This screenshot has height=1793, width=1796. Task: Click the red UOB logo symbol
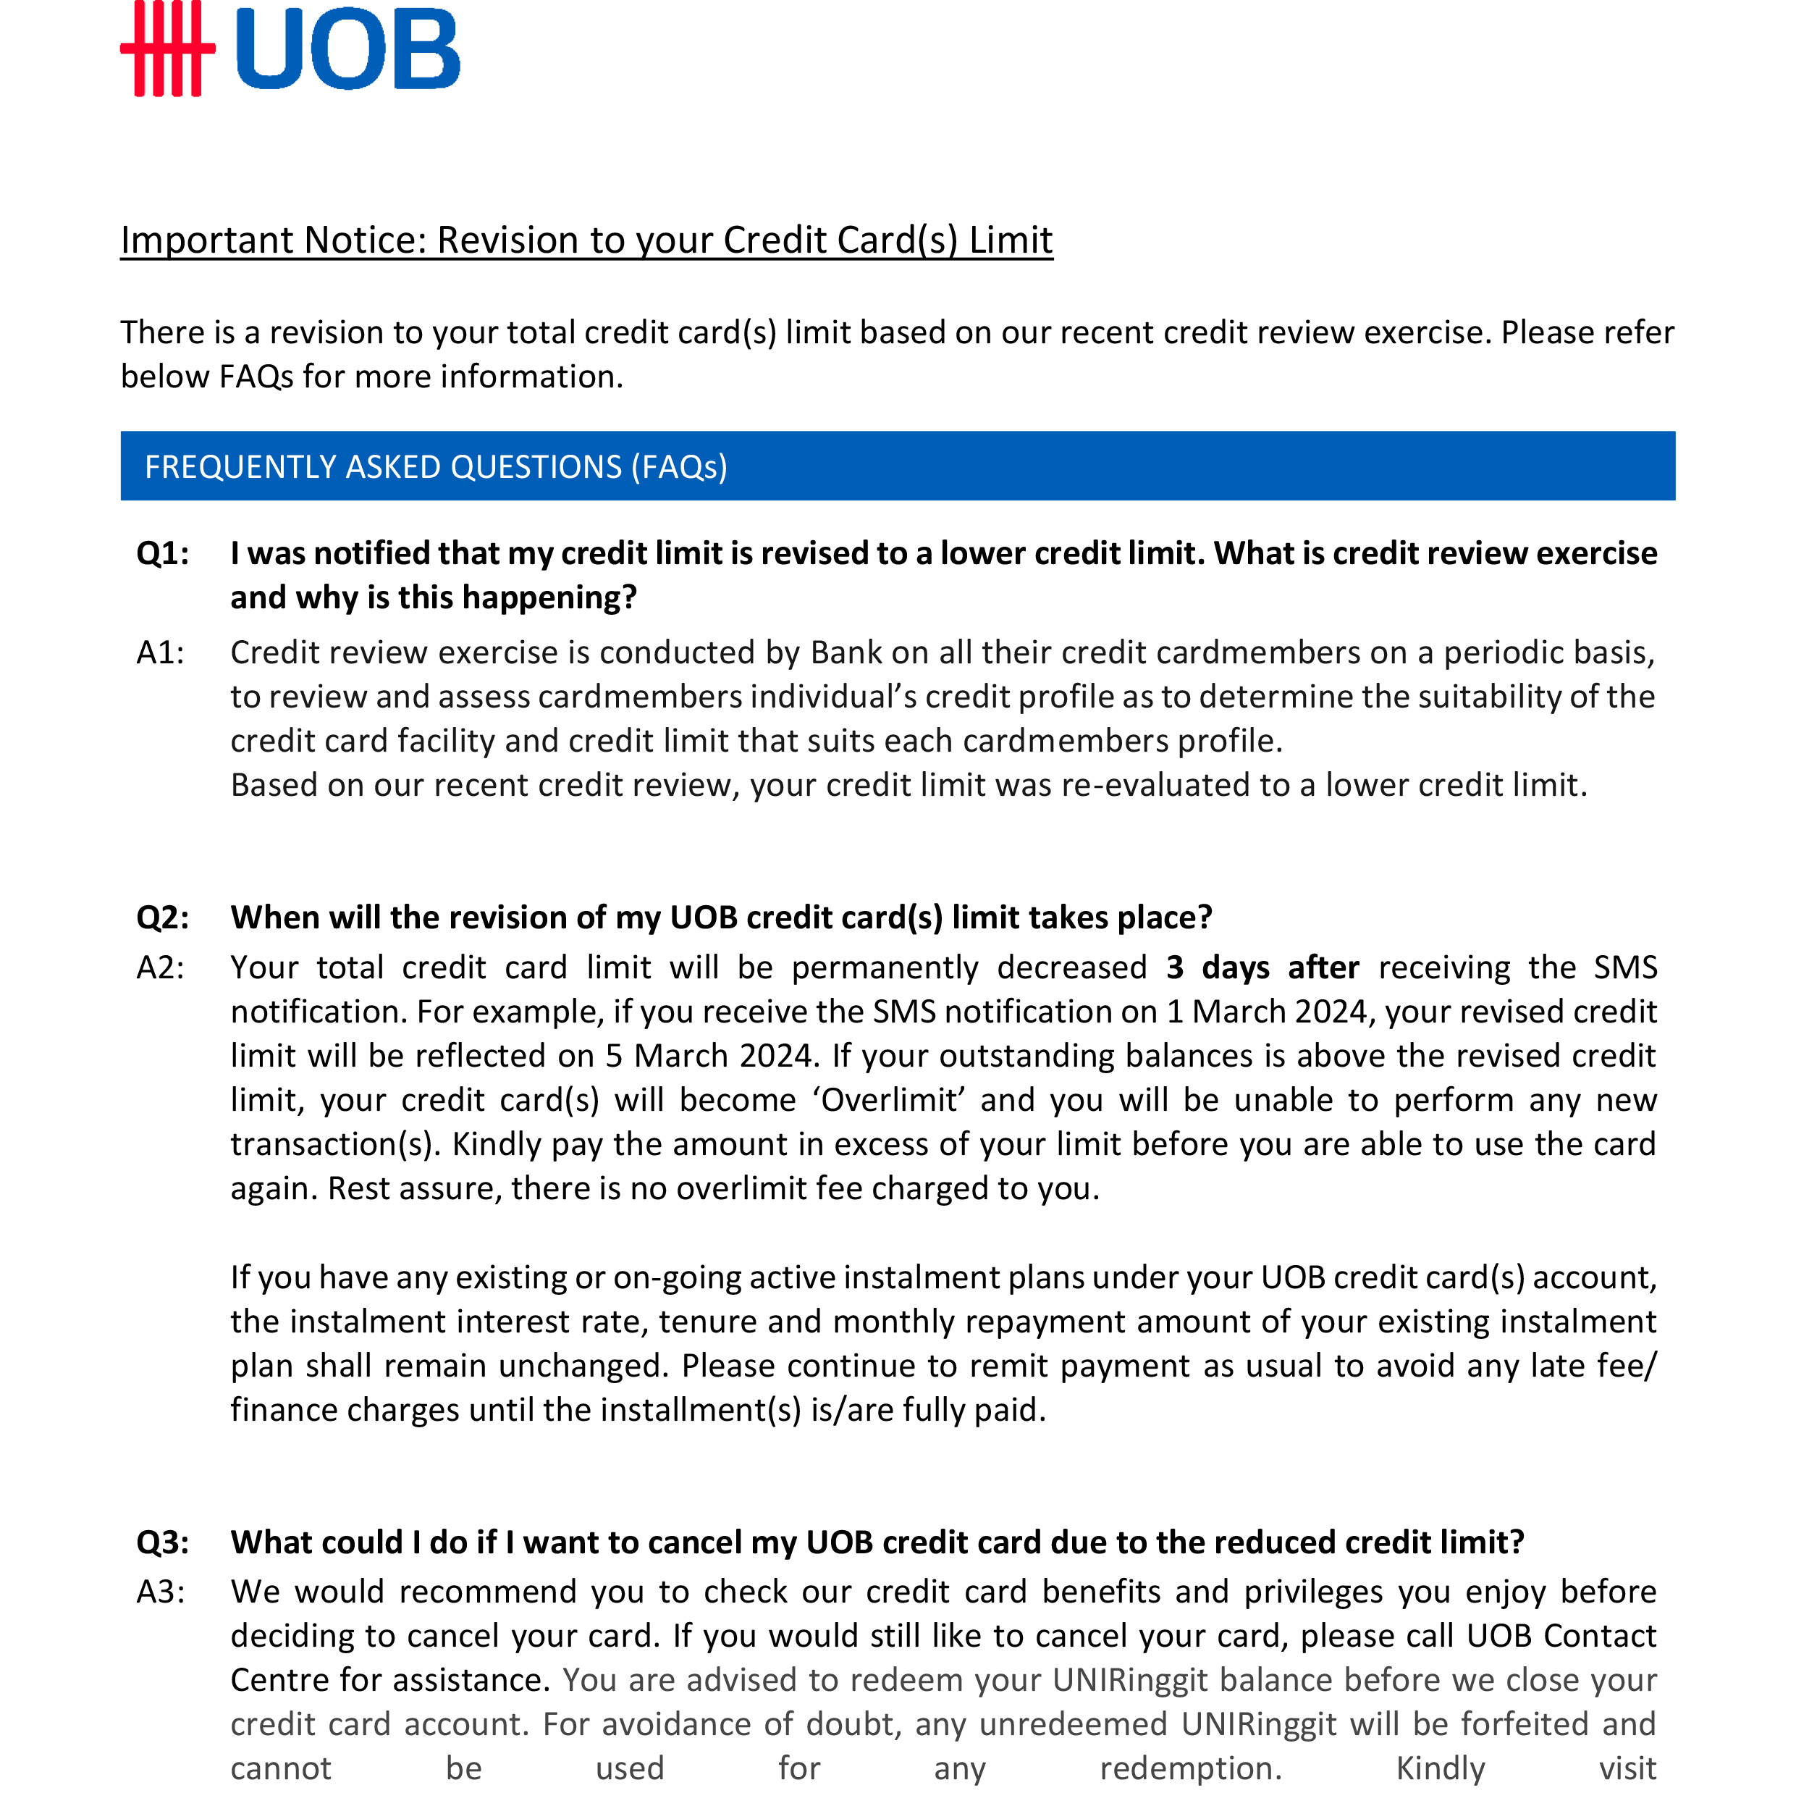(x=167, y=49)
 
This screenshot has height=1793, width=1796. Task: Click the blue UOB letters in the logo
(x=347, y=49)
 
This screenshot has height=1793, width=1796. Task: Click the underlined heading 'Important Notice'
(x=586, y=240)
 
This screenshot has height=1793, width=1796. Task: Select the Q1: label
(x=163, y=553)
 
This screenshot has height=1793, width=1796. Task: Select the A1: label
(x=161, y=653)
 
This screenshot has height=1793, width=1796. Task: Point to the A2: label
(x=161, y=967)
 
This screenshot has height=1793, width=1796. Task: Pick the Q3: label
(x=163, y=1542)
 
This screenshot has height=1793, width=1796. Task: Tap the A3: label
(x=161, y=1591)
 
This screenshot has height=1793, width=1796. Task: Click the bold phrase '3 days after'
(x=1262, y=967)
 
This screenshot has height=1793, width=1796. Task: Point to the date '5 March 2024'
(x=709, y=1056)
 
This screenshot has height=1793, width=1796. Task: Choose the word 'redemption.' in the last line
(x=1191, y=1768)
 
